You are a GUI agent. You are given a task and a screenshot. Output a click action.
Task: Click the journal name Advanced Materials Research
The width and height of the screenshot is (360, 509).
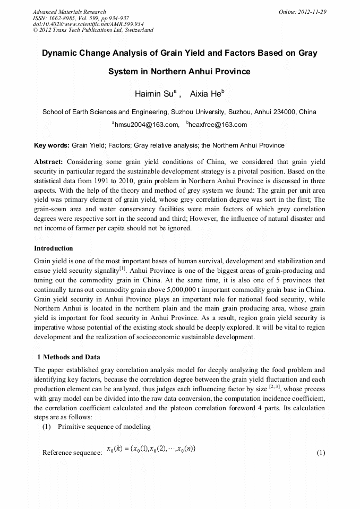tap(69, 11)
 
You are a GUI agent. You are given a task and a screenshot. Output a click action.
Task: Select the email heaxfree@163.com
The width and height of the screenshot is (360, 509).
tap(217, 125)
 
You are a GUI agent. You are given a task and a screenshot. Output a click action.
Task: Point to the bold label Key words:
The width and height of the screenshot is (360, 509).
tap(52, 145)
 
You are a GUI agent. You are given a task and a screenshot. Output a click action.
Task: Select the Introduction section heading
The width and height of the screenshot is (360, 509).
tap(54, 248)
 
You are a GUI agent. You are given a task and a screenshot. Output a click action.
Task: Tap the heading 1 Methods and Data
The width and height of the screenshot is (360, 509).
tap(68, 357)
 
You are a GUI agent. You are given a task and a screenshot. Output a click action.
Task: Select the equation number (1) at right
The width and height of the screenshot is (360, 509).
tap(320, 453)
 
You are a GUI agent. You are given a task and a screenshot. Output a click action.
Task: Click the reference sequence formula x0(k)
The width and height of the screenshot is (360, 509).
tap(151, 450)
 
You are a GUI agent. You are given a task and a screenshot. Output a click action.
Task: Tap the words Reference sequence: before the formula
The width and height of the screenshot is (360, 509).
tap(72, 453)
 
